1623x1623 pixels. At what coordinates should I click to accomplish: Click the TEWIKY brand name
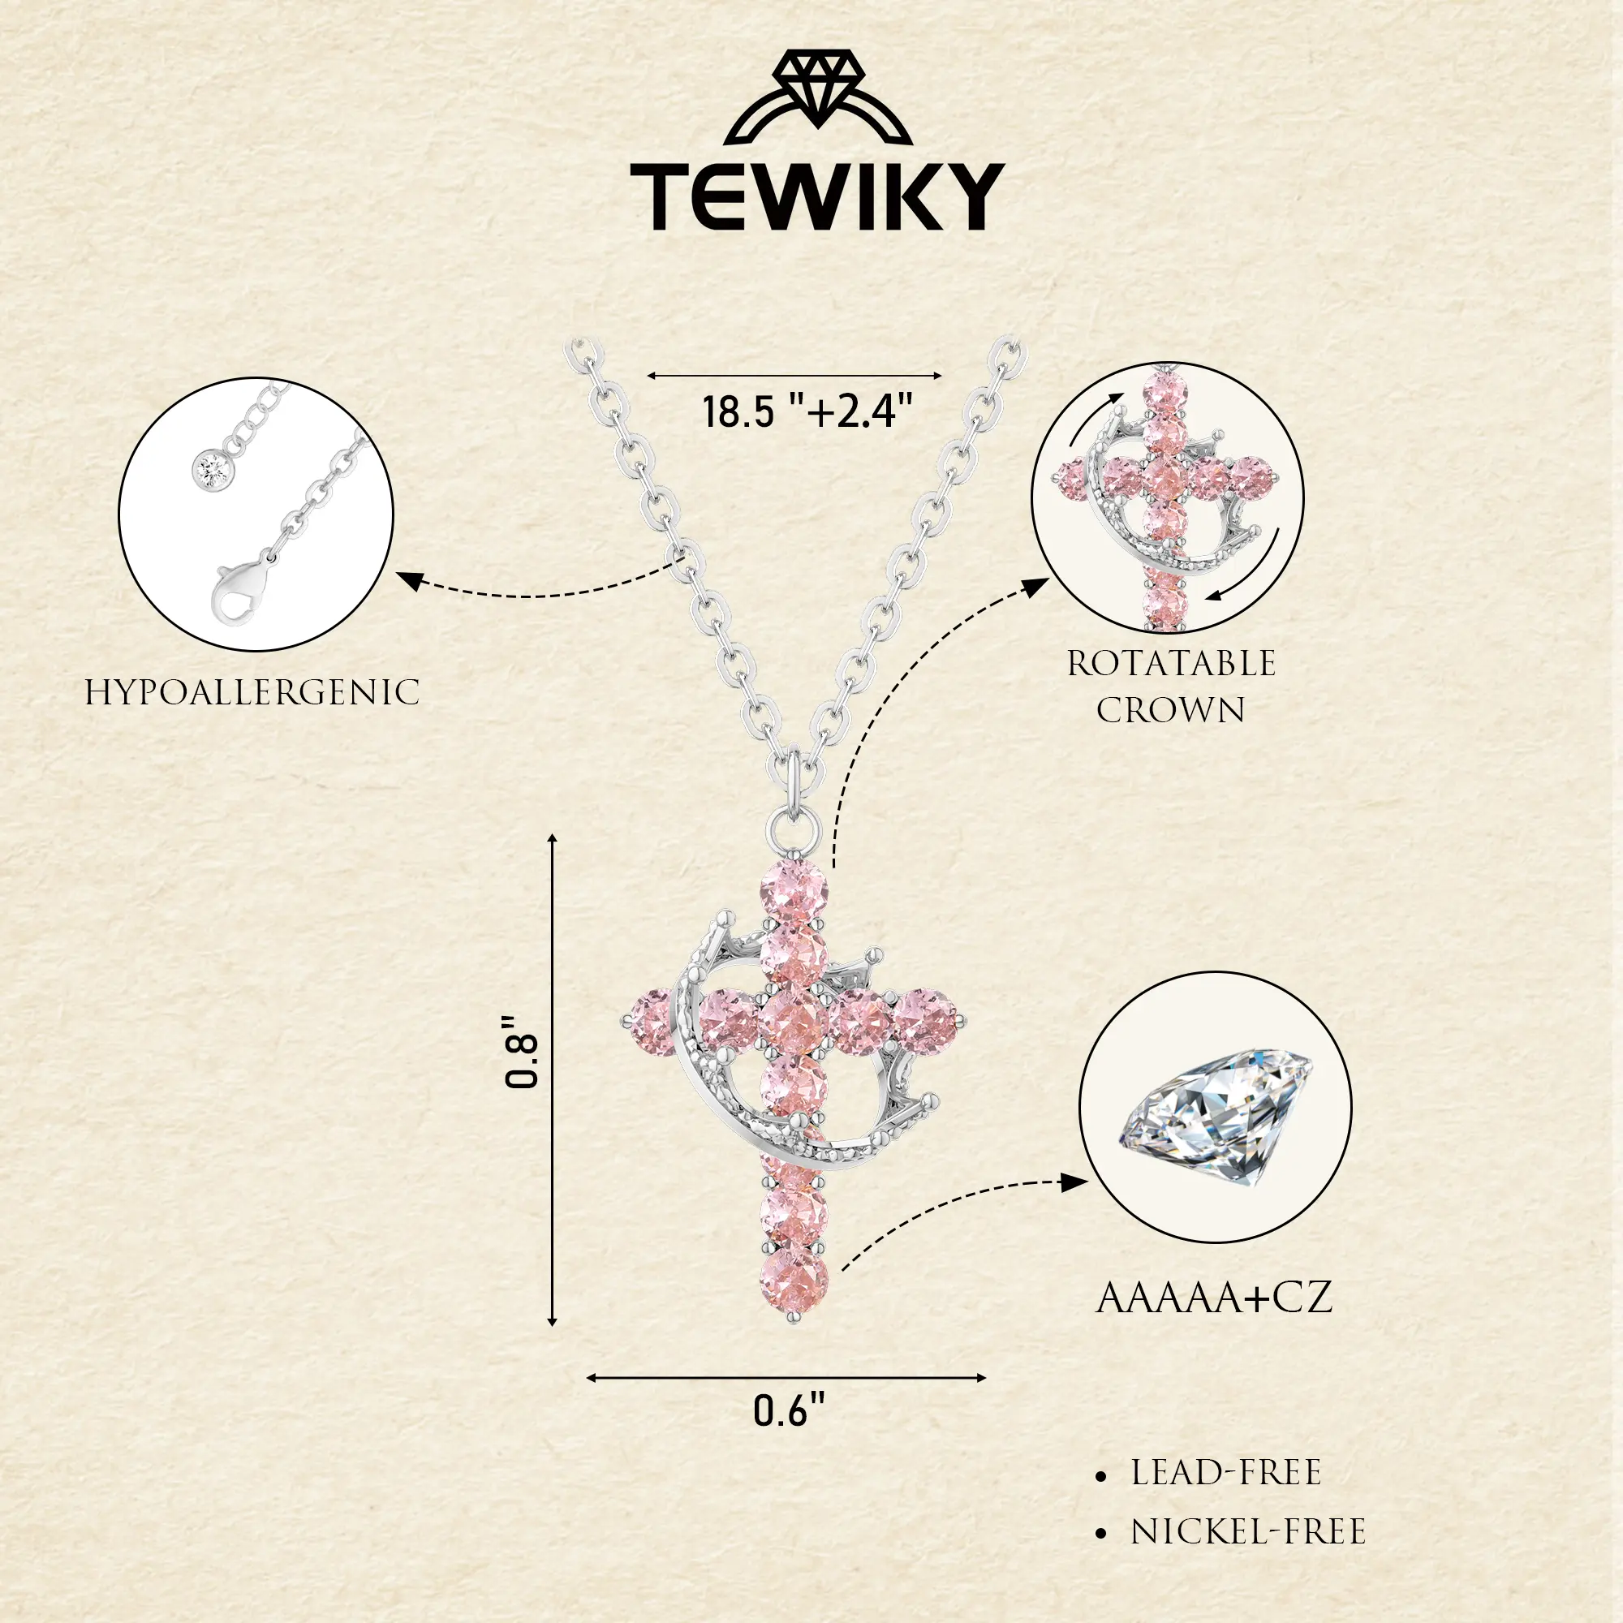click(816, 197)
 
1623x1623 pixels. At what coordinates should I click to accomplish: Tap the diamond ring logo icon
click(817, 97)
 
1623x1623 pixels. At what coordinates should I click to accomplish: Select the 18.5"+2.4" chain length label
click(807, 411)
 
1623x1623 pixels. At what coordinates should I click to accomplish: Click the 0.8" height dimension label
click(521, 1051)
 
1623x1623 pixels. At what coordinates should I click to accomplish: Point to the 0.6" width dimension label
click(789, 1410)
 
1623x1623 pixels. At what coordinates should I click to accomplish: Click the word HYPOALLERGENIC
click(252, 693)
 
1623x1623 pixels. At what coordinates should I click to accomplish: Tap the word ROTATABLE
click(1171, 664)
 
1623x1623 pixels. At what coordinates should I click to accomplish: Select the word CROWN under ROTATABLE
click(1170, 711)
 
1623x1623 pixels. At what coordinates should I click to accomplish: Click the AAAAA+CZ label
click(1215, 1298)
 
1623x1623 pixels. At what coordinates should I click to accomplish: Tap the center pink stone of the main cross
click(793, 1022)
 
